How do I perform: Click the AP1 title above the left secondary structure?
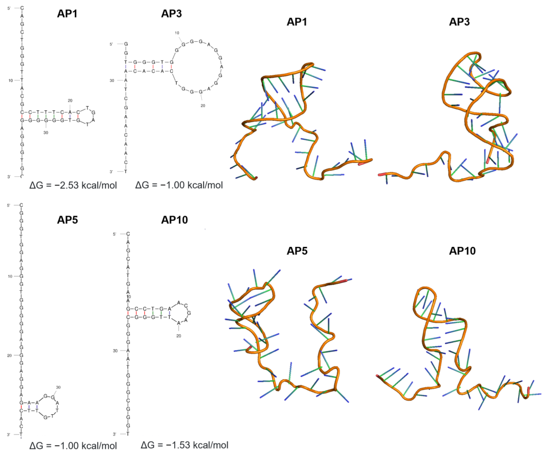(67, 13)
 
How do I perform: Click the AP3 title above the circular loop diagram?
(171, 13)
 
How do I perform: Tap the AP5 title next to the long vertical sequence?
(67, 220)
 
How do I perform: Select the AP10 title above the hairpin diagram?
(175, 220)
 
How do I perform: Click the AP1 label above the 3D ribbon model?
(297, 22)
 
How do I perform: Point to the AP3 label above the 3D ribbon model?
(459, 22)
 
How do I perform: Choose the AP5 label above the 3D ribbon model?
(297, 251)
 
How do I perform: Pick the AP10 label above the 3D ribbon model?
(462, 251)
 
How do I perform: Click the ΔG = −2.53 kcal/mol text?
(73, 185)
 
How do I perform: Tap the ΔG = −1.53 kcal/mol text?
(184, 445)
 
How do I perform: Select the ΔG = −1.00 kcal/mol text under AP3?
(179, 185)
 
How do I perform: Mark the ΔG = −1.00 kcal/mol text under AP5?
(73, 445)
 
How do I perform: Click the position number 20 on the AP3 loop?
(203, 106)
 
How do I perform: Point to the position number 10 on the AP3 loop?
(177, 33)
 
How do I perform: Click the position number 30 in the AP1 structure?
(46, 132)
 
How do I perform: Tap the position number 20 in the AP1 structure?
(70, 100)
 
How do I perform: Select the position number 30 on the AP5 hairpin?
(59, 387)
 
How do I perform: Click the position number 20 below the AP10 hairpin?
(179, 336)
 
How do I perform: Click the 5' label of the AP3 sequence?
(111, 44)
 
